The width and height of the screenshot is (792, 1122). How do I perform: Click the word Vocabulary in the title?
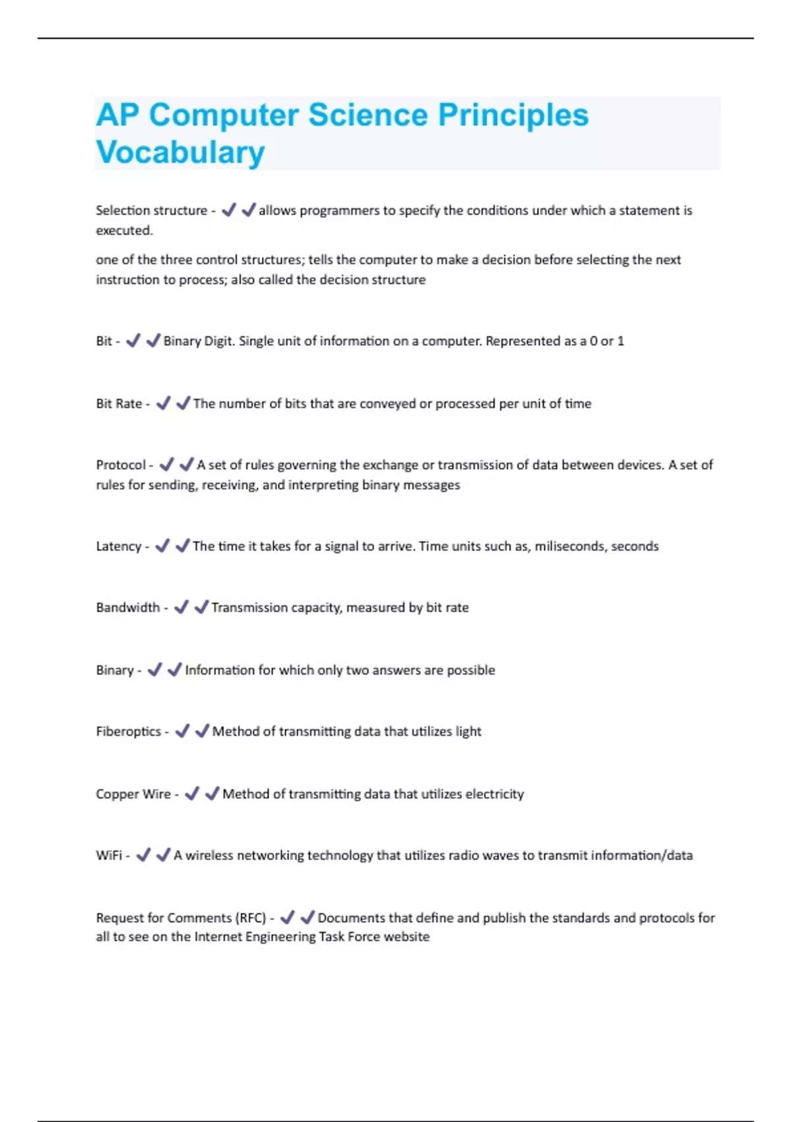(x=180, y=152)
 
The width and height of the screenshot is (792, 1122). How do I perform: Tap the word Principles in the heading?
(x=513, y=115)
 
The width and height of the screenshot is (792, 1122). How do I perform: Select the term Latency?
(x=118, y=546)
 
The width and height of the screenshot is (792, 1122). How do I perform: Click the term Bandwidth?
(x=127, y=608)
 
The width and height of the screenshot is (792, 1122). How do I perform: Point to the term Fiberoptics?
(x=128, y=732)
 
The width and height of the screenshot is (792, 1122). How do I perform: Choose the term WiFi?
(x=108, y=855)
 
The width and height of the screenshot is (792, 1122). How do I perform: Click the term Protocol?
(x=120, y=465)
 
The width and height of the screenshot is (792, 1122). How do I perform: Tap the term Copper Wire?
(x=133, y=794)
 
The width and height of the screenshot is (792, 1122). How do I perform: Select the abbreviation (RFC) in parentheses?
(x=251, y=918)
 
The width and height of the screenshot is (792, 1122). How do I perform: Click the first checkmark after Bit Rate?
(x=163, y=403)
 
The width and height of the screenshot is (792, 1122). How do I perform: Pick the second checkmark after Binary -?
(x=175, y=670)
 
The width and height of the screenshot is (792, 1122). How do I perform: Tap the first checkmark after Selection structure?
(x=228, y=211)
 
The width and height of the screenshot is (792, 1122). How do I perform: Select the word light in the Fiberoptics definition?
(x=468, y=732)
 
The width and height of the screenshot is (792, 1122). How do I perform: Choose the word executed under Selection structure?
(x=123, y=231)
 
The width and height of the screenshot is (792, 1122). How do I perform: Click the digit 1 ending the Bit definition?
(x=620, y=341)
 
